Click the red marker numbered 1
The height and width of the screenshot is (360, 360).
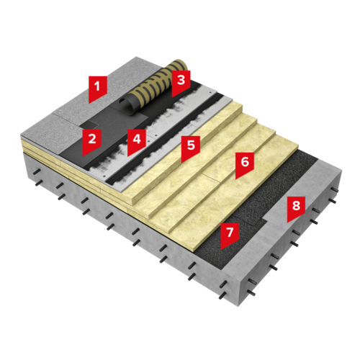point(97,89)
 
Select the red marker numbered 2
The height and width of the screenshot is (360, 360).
point(92,142)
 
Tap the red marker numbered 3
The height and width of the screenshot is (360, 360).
point(181,84)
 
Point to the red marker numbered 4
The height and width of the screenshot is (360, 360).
point(137,142)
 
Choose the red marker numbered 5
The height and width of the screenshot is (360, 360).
point(191,148)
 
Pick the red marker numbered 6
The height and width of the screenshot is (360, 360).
point(245,165)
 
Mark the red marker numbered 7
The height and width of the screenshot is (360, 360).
point(230,235)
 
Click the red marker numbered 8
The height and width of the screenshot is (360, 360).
point(296,209)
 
